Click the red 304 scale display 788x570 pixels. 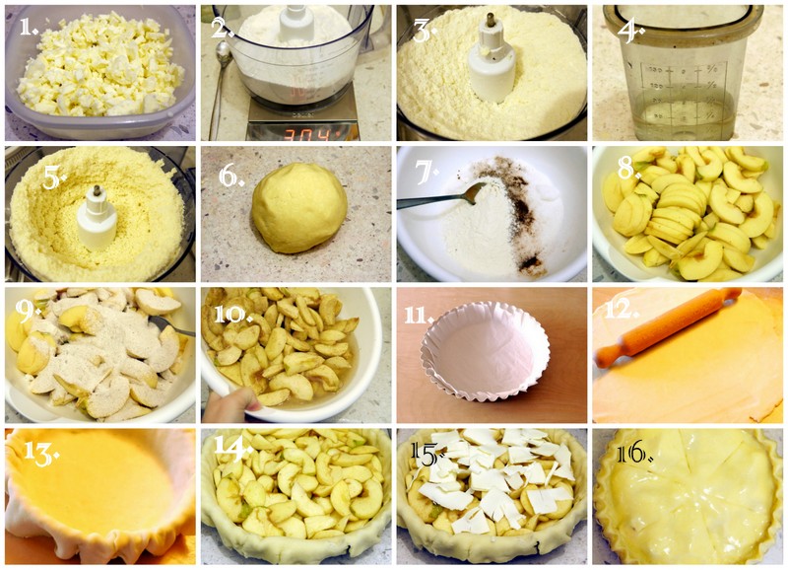tap(306, 134)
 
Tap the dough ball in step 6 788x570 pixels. tap(299, 207)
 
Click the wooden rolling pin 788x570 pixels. tap(668, 326)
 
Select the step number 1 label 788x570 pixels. tap(29, 27)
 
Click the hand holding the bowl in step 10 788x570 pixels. tap(230, 405)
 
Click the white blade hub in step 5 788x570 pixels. tap(97, 219)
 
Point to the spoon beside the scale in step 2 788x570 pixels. tap(219, 87)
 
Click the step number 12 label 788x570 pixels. tap(622, 310)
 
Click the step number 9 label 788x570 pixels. tap(27, 313)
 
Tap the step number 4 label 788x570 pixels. tap(630, 32)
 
